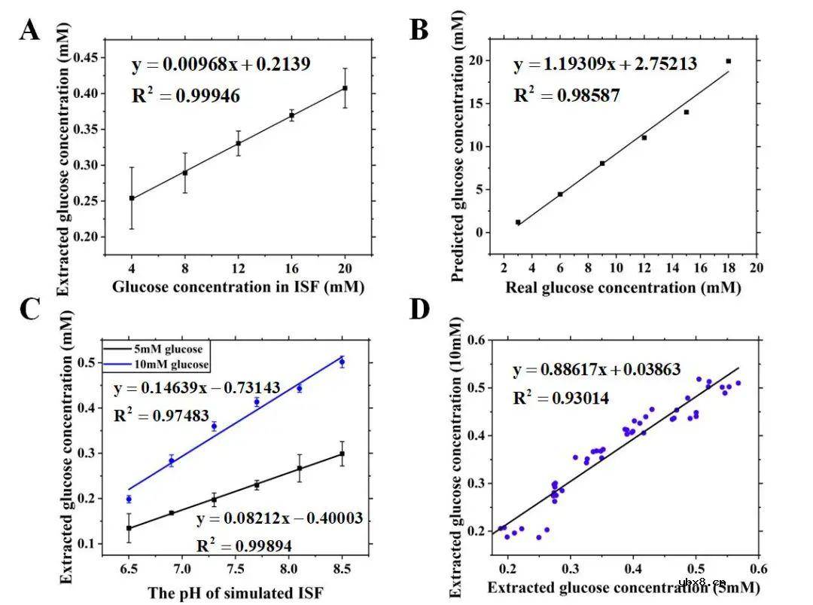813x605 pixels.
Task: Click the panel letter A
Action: click(29, 31)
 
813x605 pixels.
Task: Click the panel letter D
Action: click(419, 310)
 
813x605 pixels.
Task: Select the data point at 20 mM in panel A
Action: click(345, 88)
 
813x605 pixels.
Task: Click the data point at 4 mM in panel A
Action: click(132, 198)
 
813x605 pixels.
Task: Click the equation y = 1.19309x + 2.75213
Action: click(605, 64)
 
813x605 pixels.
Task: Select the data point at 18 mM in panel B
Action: click(728, 61)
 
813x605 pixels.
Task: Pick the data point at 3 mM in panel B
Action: click(518, 222)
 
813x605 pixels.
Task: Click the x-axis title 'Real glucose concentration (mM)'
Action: click(623, 287)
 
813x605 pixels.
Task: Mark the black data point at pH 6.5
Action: click(129, 528)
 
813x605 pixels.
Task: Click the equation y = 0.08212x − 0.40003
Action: click(280, 518)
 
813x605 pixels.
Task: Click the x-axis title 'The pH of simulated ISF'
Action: click(236, 592)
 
